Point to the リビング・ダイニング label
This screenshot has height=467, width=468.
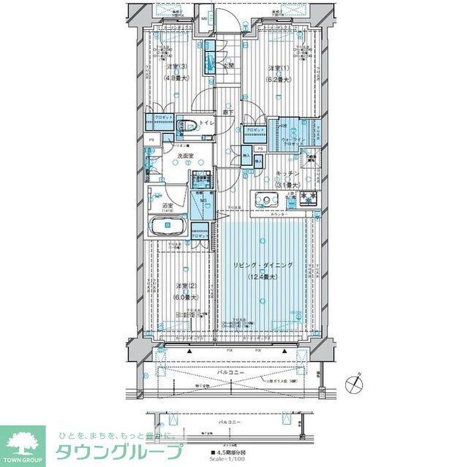263,266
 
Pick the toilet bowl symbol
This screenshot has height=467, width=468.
184,125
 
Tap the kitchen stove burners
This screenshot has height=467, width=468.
307,197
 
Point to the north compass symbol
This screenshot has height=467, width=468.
355,383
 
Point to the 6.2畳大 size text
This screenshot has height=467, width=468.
277,78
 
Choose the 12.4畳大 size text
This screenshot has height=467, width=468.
263,277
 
